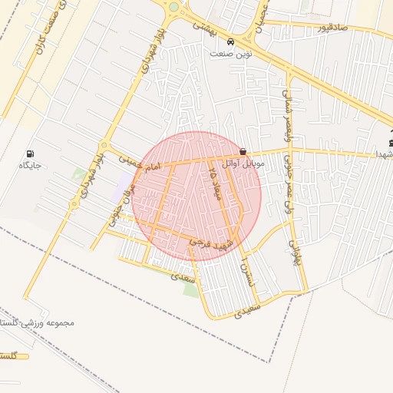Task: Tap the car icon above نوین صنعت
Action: (x=231, y=41)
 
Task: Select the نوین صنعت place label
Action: (x=232, y=54)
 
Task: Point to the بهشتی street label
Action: (x=205, y=26)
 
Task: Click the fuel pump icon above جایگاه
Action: (x=31, y=154)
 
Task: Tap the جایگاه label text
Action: (x=30, y=165)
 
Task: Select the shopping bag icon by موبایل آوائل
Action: (x=243, y=152)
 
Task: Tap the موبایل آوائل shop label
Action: (x=243, y=163)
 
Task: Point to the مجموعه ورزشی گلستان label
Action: (x=38, y=322)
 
